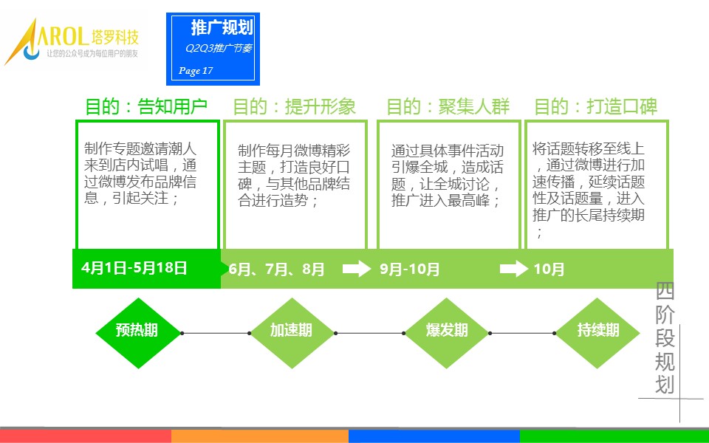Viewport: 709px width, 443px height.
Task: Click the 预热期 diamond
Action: pyautogui.click(x=138, y=333)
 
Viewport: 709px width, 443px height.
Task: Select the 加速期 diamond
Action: pyautogui.click(x=292, y=333)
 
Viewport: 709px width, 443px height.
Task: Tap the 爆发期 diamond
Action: pyautogui.click(x=446, y=333)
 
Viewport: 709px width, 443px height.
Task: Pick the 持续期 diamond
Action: pyautogui.click(x=597, y=333)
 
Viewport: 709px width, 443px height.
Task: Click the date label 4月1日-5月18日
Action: pyautogui.click(x=134, y=268)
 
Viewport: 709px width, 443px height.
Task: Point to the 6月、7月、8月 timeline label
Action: pyautogui.click(x=277, y=269)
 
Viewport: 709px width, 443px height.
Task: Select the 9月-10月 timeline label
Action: pyautogui.click(x=410, y=269)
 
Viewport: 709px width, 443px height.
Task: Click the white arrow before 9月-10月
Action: pyautogui.click(x=357, y=269)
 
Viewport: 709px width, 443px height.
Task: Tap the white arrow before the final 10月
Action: pyautogui.click(x=514, y=269)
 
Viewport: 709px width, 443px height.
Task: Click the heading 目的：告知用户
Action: pyautogui.click(x=146, y=106)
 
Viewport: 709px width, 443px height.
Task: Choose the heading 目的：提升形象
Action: pyautogui.click(x=295, y=106)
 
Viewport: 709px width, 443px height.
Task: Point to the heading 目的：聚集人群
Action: pyautogui.click(x=448, y=106)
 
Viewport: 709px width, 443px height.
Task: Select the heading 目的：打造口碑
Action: pyautogui.click(x=595, y=106)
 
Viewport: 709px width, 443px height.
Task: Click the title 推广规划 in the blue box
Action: pyautogui.click(x=222, y=27)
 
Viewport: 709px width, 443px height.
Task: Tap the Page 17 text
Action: pyautogui.click(x=195, y=71)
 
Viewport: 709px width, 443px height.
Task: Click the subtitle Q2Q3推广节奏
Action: pyautogui.click(x=219, y=48)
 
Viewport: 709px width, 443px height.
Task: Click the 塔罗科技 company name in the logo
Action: pyautogui.click(x=115, y=37)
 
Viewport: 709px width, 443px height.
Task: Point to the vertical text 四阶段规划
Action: pyautogui.click(x=665, y=337)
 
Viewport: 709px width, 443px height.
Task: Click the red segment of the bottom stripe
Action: pyautogui.click(x=86, y=436)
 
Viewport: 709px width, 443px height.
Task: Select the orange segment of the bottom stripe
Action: pyautogui.click(x=260, y=436)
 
